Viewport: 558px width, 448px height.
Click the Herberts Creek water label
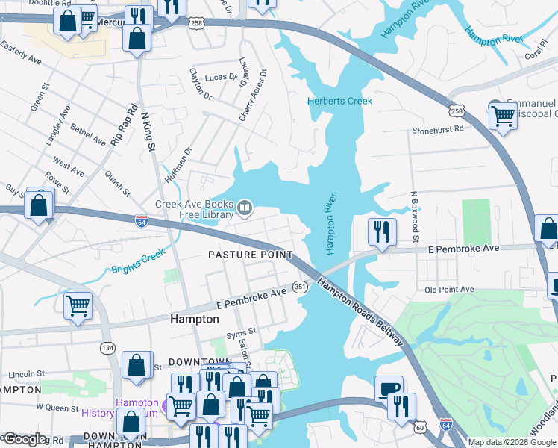339,101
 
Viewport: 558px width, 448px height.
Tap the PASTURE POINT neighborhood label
250,255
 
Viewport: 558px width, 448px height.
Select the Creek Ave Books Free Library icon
245,205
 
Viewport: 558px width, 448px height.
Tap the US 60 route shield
421,426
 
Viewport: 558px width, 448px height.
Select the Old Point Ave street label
449,290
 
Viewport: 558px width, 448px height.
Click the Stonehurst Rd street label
438,129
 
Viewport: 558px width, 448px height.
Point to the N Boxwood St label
414,217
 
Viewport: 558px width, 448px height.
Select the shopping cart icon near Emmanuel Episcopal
504,116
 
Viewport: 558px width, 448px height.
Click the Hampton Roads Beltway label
360,312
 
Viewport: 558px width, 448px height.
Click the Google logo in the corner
25,439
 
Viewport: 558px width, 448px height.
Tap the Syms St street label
241,331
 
